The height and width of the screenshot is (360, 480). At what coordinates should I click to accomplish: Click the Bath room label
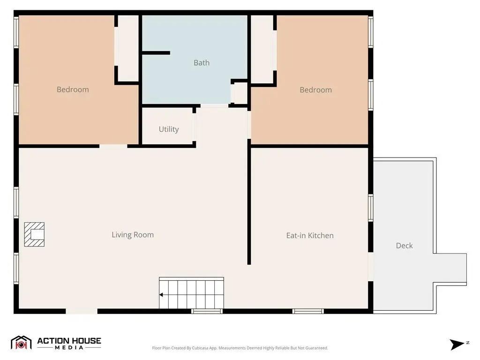202,63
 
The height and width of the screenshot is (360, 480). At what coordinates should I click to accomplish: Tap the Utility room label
169,129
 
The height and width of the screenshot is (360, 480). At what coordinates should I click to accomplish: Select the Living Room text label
133,235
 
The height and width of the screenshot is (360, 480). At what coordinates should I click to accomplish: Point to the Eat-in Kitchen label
310,235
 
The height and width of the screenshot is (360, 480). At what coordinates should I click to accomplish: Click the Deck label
404,246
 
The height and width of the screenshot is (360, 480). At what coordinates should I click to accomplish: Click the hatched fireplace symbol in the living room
34,234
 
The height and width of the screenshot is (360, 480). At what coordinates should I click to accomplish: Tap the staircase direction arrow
161,295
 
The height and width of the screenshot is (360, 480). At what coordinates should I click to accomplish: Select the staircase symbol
191,293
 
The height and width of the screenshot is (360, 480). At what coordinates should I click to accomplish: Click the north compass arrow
457,345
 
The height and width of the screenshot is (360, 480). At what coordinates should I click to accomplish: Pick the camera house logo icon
21,343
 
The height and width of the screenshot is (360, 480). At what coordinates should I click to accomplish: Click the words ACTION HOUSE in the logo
69,341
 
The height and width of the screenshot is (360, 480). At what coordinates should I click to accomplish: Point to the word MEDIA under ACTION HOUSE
69,347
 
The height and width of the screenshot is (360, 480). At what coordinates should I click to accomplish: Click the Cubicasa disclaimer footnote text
240,348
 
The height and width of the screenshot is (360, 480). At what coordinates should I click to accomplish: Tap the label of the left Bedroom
73,90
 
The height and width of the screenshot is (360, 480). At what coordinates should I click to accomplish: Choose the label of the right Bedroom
315,90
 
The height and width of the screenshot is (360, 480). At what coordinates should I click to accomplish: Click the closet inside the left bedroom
128,48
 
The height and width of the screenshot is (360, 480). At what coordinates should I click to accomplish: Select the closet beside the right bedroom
262,49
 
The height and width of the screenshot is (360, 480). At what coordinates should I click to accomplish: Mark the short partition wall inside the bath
156,53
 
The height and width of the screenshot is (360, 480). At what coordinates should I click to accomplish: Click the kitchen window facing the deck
370,208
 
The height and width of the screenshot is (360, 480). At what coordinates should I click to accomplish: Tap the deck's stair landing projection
450,270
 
